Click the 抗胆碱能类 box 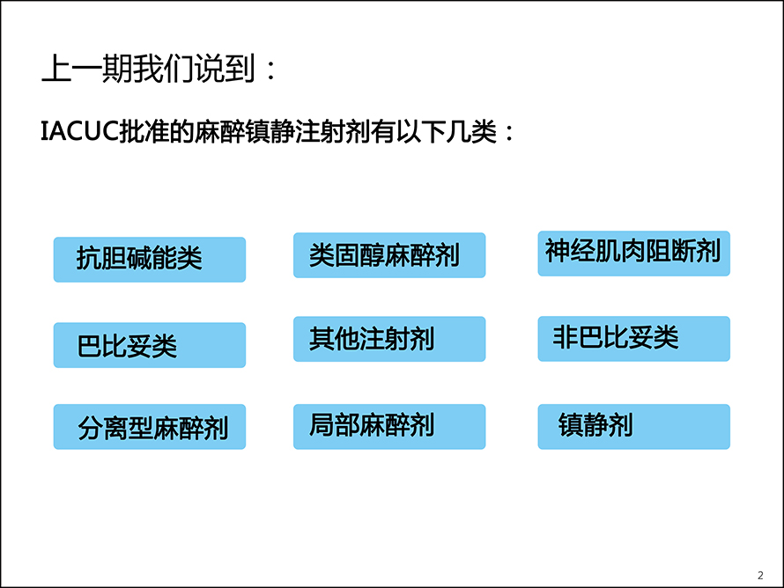pos(150,260)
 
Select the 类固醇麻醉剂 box pos(389,254)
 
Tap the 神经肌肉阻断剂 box pos(633,254)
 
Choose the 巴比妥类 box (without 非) pos(150,345)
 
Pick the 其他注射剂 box pos(389,339)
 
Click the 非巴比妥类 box pos(633,339)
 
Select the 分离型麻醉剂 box pos(150,427)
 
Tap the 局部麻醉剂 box pos(389,427)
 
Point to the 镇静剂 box pos(633,427)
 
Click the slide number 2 pos(760,576)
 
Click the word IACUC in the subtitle pos(79,132)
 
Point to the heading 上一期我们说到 pos(149,69)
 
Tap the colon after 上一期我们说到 pos(271,70)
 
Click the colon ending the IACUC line pos(509,133)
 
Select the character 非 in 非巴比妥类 pos(565,337)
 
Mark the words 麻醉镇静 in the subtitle pos(244,132)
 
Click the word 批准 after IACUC pos(144,132)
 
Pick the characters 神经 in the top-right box pos(570,251)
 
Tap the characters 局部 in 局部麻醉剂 pos(334,425)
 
